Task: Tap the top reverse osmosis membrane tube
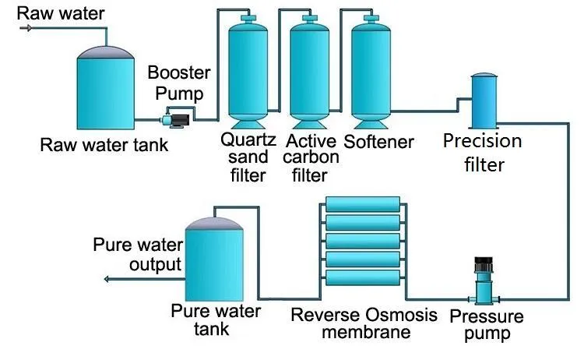tap(366, 205)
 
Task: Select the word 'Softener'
tap(378, 142)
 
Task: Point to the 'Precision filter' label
tap(482, 153)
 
